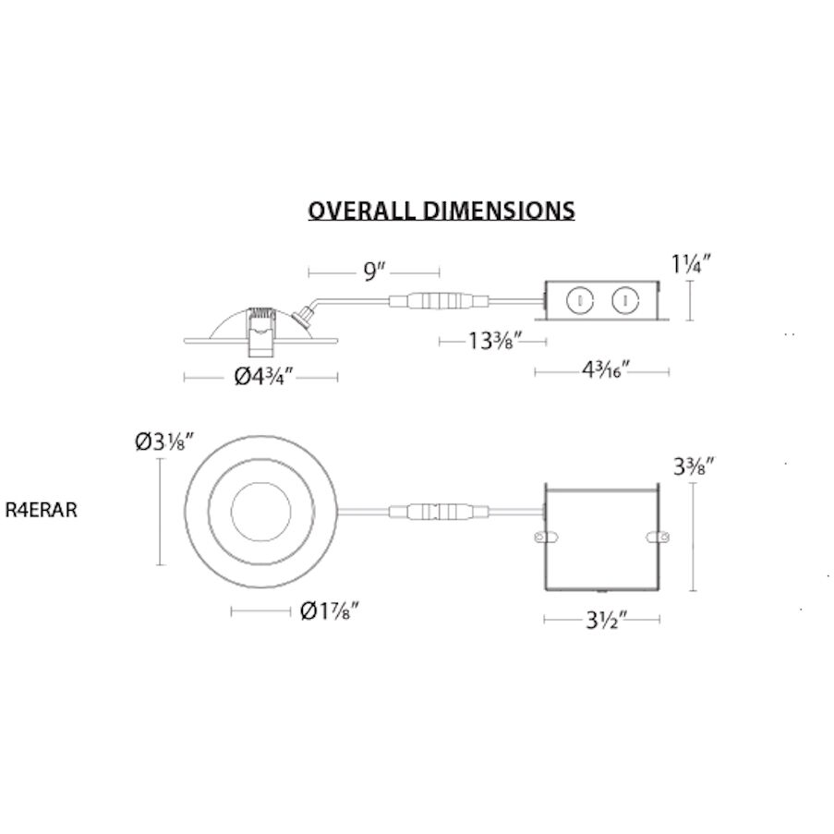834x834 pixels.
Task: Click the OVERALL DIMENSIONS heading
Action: [x=441, y=210]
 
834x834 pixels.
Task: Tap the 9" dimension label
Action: [x=373, y=272]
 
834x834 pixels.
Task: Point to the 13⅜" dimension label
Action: [x=494, y=341]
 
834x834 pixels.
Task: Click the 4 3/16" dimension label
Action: [x=605, y=371]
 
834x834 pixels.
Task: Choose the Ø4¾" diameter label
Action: [x=262, y=376]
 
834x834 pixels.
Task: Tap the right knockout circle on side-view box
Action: [x=626, y=300]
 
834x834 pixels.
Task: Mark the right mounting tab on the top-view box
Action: [x=657, y=536]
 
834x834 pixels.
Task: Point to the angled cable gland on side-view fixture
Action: [x=302, y=318]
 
